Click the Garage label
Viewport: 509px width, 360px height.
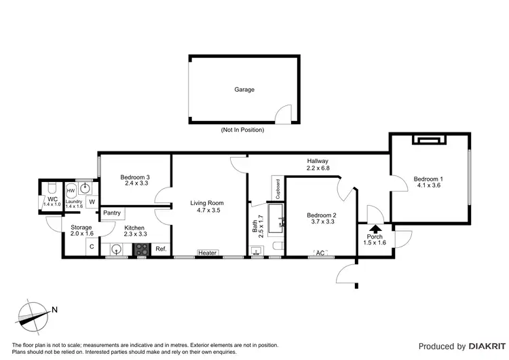244,89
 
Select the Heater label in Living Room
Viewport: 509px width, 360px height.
207,253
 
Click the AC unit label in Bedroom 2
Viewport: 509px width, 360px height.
320,253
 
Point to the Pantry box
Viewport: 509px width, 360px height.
112,213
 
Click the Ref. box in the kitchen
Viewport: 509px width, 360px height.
161,249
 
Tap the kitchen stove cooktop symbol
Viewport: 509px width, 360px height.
142,249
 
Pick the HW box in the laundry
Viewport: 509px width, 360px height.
70,191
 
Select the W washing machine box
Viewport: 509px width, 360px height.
92,202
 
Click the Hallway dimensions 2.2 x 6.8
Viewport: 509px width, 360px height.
318,168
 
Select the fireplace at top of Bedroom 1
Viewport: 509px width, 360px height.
429,140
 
